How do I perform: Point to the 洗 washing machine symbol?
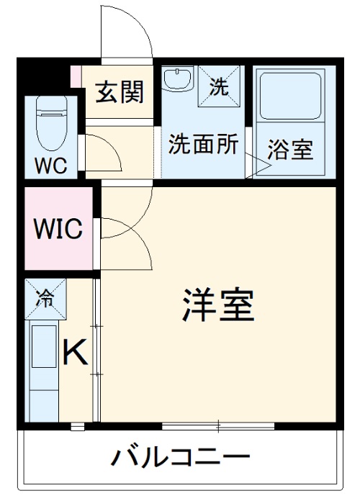coord(219,86)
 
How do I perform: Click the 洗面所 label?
coord(203,144)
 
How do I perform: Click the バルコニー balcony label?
coord(181,456)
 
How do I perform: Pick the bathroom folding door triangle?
coord(259,165)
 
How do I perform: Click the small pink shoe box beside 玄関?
coord(76,74)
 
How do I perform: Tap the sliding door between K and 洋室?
coord(97,353)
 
